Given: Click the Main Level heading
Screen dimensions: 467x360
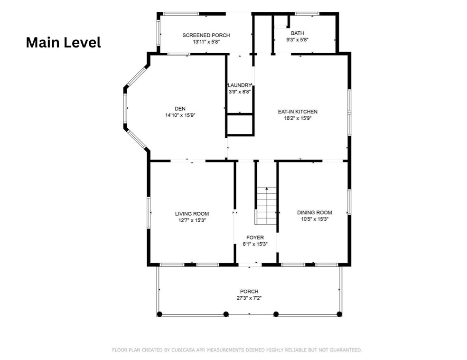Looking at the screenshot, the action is click(x=64, y=43).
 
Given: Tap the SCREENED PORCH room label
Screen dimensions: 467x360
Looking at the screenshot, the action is click(x=206, y=35).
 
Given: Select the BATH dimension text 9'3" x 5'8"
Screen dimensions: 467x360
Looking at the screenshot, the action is click(x=297, y=39).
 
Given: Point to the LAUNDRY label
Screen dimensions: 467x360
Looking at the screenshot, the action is click(x=240, y=85).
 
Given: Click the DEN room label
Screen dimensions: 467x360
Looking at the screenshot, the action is click(x=180, y=109).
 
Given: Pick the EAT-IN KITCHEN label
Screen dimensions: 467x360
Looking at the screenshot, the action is click(x=298, y=112).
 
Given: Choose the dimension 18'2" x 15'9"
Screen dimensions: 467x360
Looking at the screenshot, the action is click(x=298, y=118).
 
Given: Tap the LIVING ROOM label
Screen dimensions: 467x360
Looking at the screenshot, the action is click(x=192, y=214).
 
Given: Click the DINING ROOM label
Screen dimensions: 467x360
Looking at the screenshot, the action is click(x=315, y=212).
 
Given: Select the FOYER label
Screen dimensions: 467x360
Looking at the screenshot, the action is click(x=255, y=237).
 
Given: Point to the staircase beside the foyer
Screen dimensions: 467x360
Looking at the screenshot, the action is click(x=266, y=206).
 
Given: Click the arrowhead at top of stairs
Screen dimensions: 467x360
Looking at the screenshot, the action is click(x=267, y=189).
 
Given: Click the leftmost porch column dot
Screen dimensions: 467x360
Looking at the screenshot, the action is click(x=159, y=314).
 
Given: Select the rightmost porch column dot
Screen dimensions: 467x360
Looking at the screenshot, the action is click(x=339, y=314).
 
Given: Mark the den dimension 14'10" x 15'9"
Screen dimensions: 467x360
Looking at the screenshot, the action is click(x=180, y=115).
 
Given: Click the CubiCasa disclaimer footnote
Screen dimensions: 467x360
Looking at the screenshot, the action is click(x=237, y=350).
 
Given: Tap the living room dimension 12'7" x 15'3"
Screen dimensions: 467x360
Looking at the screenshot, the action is click(x=192, y=220).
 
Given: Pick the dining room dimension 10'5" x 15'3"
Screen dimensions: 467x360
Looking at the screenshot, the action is click(x=315, y=219).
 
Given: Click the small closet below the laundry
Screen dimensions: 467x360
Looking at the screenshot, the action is click(x=240, y=124).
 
